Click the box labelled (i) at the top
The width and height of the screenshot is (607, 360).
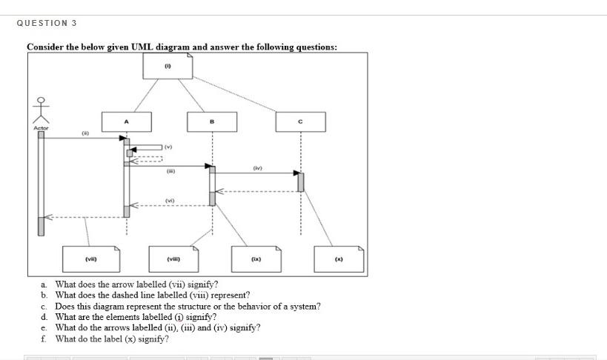tap(168, 66)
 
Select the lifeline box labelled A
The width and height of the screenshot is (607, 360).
tap(127, 121)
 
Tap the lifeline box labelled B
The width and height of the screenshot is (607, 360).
tap(213, 121)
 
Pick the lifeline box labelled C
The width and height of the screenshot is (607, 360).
tap(300, 121)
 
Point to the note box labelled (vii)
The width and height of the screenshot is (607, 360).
tap(90, 259)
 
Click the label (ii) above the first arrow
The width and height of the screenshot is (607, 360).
tap(85, 133)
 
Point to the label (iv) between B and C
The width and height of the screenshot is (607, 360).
tap(258, 168)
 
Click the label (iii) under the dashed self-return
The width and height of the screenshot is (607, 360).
tap(170, 169)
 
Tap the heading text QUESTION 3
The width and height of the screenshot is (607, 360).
tap(47, 24)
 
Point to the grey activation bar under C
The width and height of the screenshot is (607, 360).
tap(300, 181)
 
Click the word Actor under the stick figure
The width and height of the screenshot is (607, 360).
tap(41, 128)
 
